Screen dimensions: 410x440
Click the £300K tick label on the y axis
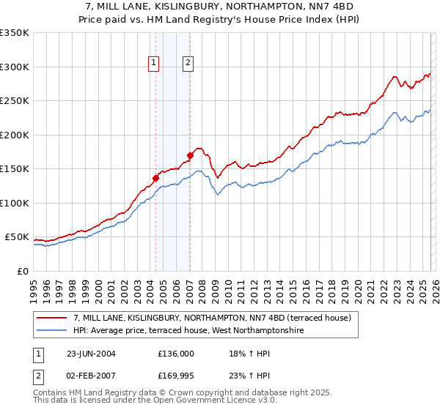15,67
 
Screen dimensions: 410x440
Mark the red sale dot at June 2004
155,177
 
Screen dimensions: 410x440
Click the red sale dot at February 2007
190,154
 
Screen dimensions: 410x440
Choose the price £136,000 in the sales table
176,353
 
